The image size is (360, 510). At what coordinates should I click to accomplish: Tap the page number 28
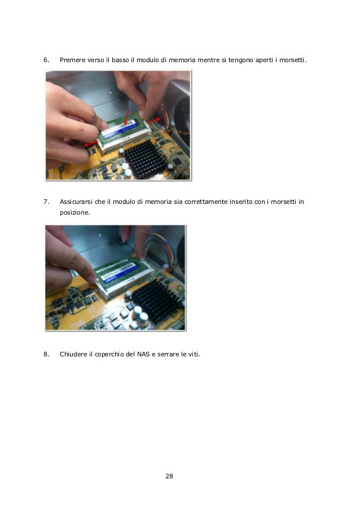(x=169, y=477)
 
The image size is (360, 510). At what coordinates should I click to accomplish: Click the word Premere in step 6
(x=72, y=60)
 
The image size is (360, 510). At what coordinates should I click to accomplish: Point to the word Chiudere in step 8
(x=74, y=355)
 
